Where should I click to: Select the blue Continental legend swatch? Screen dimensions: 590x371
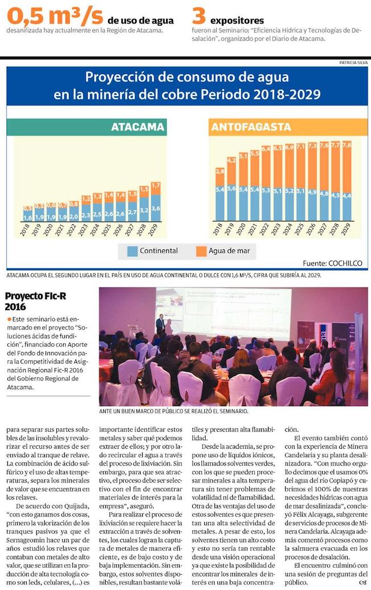tap(132, 251)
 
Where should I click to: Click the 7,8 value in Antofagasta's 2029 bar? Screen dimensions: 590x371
tap(347, 145)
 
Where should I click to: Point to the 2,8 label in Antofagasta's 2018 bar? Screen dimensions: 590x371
tap(220, 171)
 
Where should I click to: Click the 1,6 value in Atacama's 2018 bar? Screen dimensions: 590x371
tap(27, 218)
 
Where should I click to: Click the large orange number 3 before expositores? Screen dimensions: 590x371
tap(199, 15)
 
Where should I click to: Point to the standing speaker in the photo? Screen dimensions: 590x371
tap(160, 324)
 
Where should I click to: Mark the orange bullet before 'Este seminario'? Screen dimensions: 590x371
tap(8, 318)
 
